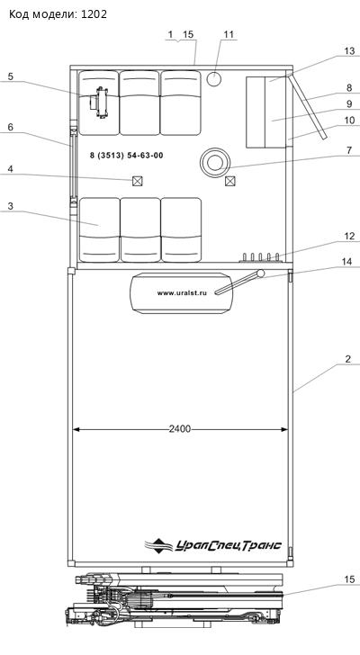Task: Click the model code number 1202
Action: pyautogui.click(x=94, y=14)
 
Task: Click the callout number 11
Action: pyautogui.click(x=229, y=34)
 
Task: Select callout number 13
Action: pyautogui.click(x=349, y=51)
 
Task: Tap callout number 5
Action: pyautogui.click(x=11, y=76)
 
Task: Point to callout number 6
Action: pyautogui.click(x=11, y=127)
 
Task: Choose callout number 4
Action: pyautogui.click(x=11, y=169)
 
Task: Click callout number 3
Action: pyautogui.click(x=11, y=205)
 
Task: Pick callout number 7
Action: pyautogui.click(x=349, y=150)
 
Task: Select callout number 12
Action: pyautogui.click(x=349, y=236)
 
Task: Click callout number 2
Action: pyautogui.click(x=347, y=359)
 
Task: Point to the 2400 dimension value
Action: pyautogui.click(x=180, y=429)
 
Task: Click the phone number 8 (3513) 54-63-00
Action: pyautogui.click(x=127, y=156)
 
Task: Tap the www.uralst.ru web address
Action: pyautogui.click(x=182, y=293)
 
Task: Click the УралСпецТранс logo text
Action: pyautogui.click(x=228, y=545)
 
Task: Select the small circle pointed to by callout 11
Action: pyautogui.click(x=214, y=79)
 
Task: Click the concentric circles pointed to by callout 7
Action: pyautogui.click(x=215, y=162)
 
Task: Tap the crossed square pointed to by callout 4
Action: pyautogui.click(x=137, y=181)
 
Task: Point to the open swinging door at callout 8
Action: pyautogui.click(x=308, y=106)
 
